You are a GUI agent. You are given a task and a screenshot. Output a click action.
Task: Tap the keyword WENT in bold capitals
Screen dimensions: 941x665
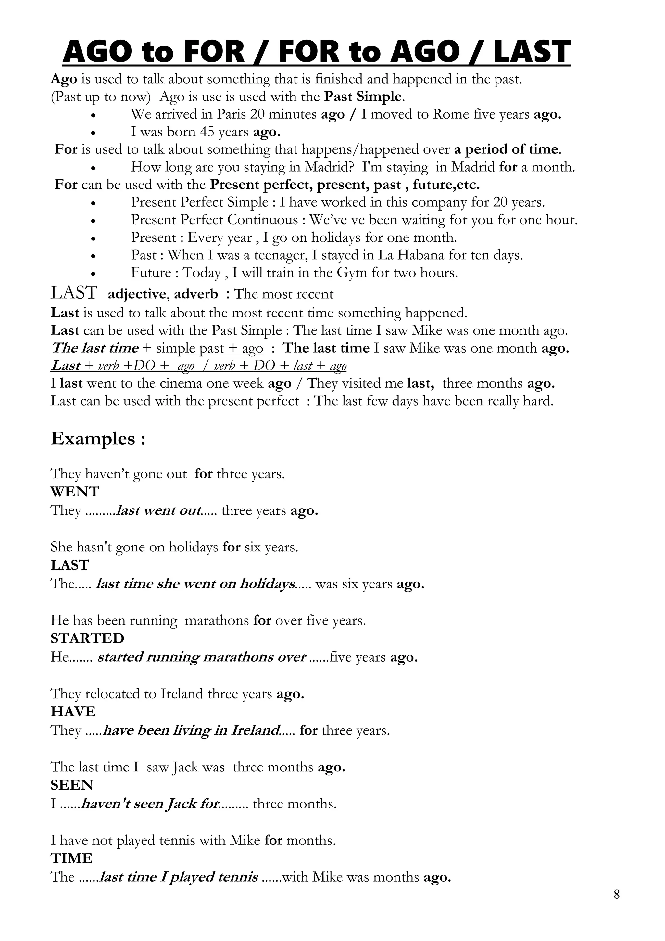click(x=75, y=491)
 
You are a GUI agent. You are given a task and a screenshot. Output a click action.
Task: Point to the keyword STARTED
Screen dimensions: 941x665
click(x=87, y=638)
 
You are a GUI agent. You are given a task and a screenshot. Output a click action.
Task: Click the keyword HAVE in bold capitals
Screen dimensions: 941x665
click(x=73, y=712)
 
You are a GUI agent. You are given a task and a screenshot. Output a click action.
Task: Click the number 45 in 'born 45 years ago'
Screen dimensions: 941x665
click(x=207, y=132)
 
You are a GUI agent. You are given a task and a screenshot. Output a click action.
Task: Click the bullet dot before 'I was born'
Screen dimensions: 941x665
click(x=94, y=133)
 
